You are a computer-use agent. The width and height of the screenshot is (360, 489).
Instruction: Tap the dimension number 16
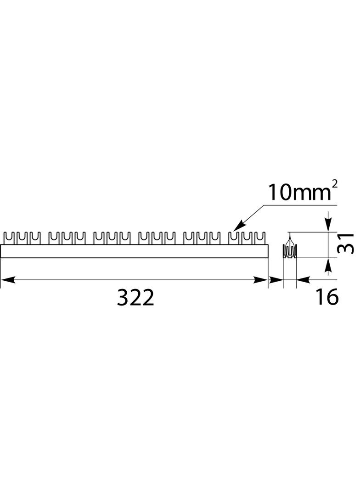click(326, 298)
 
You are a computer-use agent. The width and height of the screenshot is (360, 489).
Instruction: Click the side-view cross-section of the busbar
click(290, 250)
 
